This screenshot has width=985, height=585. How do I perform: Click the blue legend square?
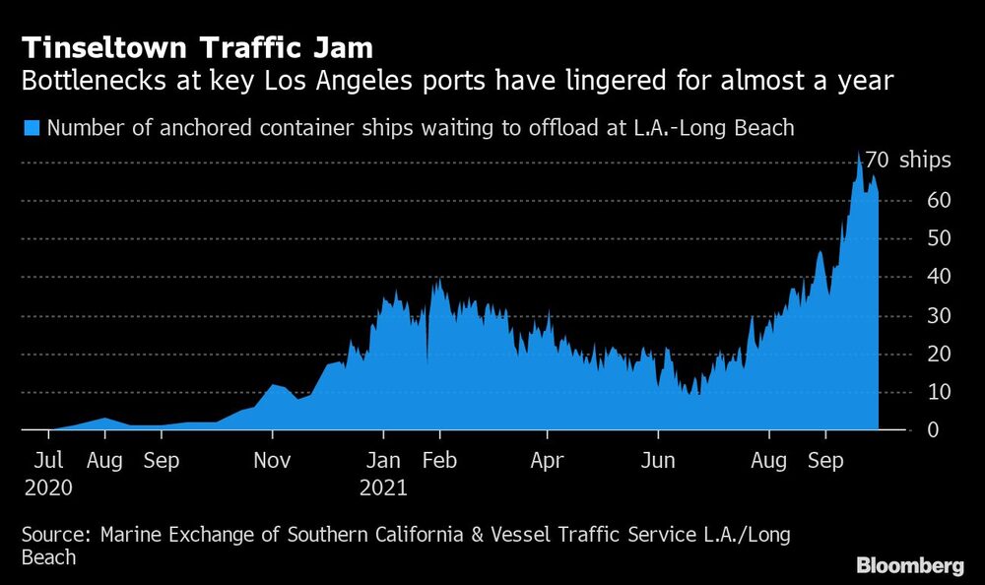point(31,127)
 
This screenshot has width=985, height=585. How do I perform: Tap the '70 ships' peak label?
point(907,160)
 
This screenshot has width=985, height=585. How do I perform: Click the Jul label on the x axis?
point(48,460)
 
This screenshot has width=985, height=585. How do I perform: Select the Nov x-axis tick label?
point(273,460)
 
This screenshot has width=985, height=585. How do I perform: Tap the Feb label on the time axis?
point(440,460)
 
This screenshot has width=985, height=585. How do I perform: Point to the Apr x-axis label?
point(547,460)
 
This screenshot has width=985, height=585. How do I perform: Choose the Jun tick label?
point(658,460)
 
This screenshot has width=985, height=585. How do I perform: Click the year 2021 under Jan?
point(384,486)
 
